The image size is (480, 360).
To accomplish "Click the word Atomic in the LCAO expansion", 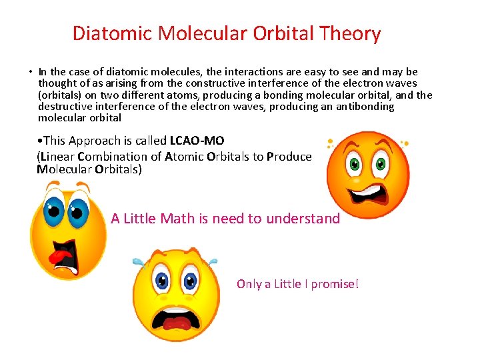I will coord(184,157).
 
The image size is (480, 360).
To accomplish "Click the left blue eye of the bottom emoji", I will coord(162,281).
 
